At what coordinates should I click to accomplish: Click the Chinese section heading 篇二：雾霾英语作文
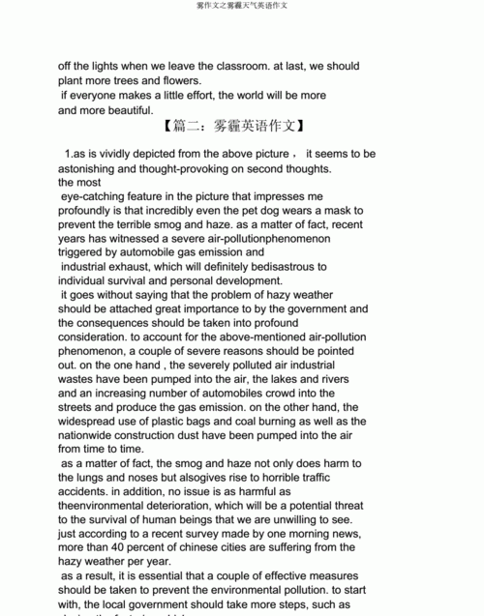pos(235,127)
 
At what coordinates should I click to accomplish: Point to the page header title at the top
pos(242,6)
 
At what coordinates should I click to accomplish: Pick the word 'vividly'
pos(115,154)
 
